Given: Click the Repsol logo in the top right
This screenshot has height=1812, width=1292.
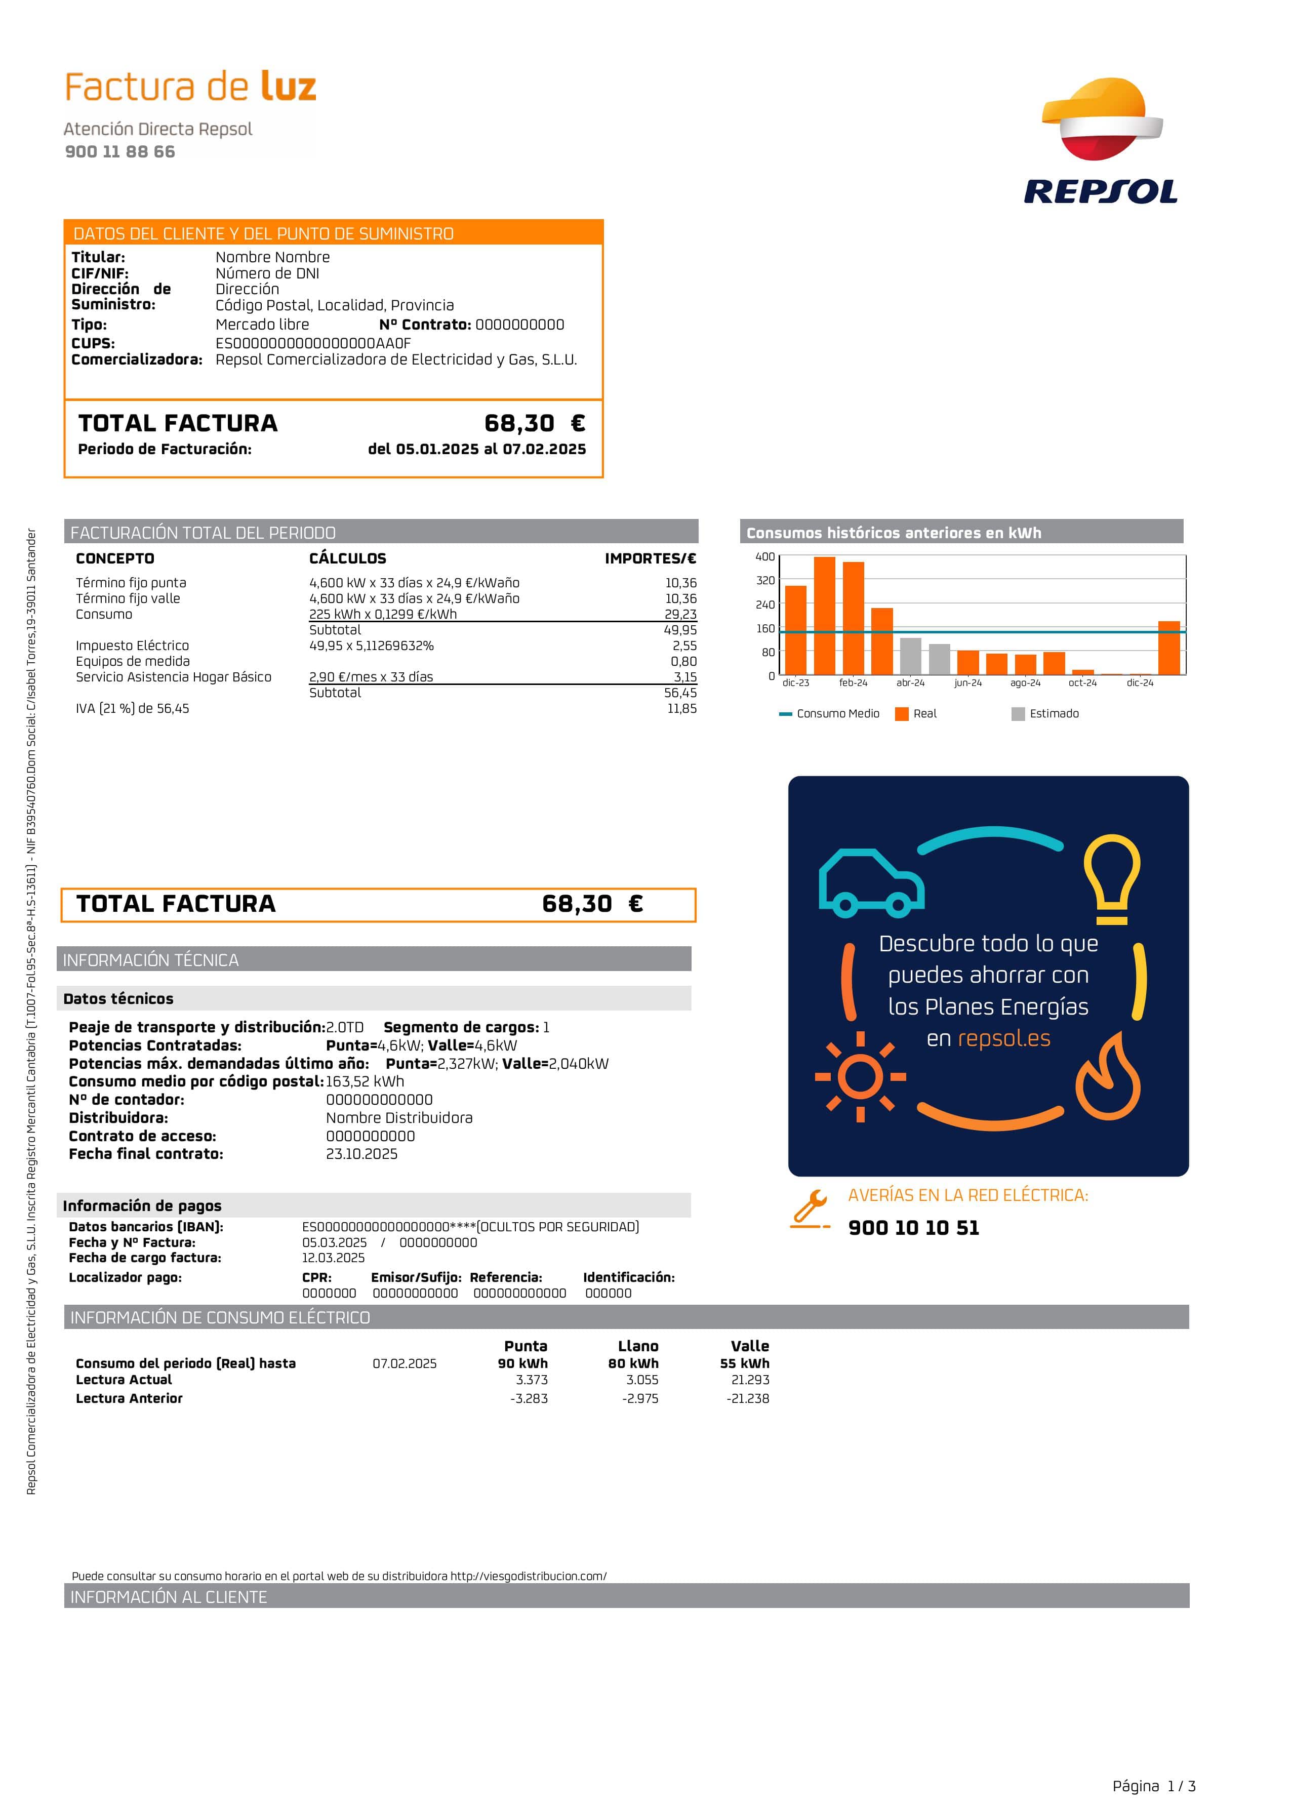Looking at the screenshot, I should pos(1101,142).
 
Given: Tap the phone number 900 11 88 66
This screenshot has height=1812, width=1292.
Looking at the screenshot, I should pos(120,152).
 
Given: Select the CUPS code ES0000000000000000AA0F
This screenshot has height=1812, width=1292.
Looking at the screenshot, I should pos(313,344).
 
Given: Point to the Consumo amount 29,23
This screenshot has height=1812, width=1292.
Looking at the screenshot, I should pos(680,614).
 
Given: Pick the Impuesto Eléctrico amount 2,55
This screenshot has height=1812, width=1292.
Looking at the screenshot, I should pos(684,646).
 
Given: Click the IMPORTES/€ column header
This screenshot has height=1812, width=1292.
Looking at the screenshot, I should pos(650,558).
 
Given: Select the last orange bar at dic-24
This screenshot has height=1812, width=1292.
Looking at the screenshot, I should pos(1168,648).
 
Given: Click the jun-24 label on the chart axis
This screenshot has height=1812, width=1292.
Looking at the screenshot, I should pos(967,683).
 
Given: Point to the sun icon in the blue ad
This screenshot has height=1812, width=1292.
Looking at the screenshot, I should pos(860,1077).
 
